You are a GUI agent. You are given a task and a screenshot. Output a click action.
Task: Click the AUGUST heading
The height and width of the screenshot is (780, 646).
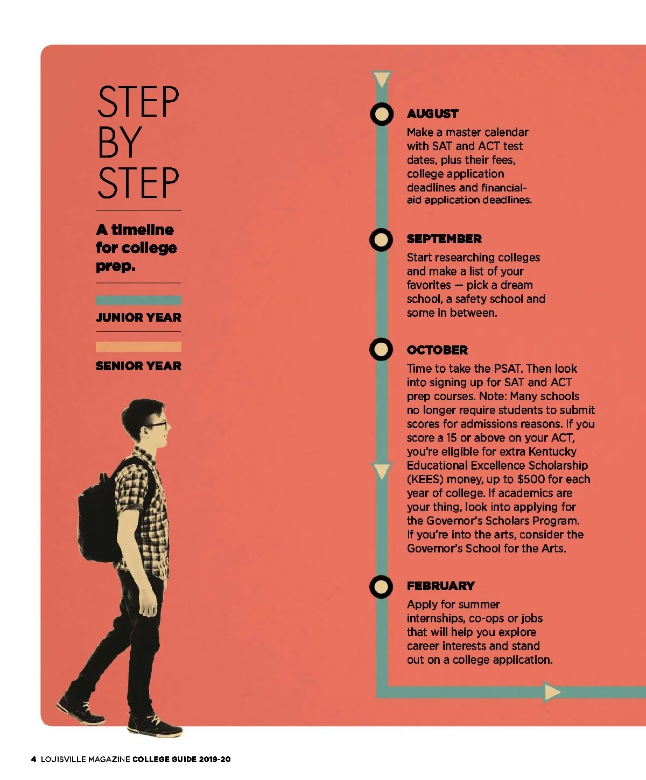[432, 114]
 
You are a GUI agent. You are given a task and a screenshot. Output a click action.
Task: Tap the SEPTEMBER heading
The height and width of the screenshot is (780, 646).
[444, 239]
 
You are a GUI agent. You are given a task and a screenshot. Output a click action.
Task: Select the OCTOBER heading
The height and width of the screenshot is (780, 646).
[437, 350]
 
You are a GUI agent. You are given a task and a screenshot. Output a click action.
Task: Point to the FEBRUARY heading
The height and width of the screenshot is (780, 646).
[441, 586]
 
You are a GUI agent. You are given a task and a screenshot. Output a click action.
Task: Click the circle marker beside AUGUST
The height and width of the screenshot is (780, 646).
[382, 114]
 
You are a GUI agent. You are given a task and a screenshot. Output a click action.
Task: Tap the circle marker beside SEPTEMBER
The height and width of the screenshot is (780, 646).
[381, 239]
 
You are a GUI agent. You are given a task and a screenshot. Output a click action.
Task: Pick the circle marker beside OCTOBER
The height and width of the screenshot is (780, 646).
[381, 349]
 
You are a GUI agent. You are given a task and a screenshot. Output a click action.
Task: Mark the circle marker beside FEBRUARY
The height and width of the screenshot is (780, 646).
[381, 586]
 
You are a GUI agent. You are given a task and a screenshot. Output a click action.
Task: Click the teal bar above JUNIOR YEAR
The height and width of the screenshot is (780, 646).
[138, 300]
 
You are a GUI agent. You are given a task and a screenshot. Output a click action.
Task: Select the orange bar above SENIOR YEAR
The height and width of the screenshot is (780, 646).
[138, 346]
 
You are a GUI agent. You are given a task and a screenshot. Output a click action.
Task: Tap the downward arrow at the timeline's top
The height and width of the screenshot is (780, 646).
[382, 79]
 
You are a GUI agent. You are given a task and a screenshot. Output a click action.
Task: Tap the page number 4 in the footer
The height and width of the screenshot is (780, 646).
[33, 759]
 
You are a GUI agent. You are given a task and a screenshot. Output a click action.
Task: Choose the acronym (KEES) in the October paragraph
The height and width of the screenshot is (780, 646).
[425, 479]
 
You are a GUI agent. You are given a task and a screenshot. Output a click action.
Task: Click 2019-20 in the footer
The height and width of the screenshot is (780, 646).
[215, 759]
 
